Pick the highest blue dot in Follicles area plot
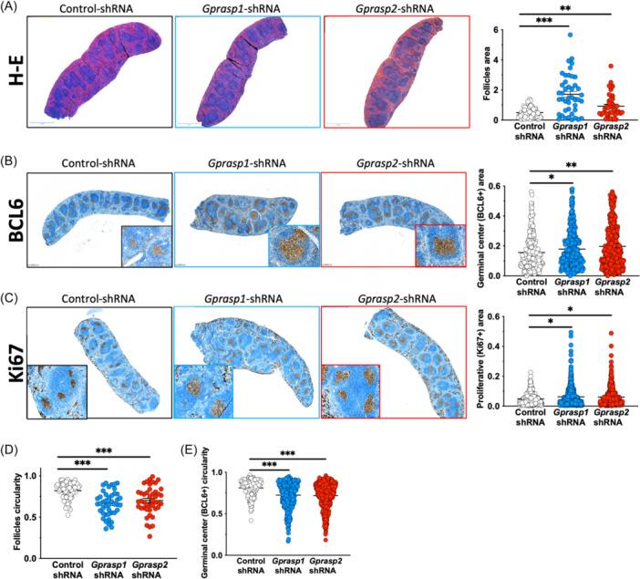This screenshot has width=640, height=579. (x=570, y=35)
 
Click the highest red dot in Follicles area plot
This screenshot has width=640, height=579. (x=613, y=67)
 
